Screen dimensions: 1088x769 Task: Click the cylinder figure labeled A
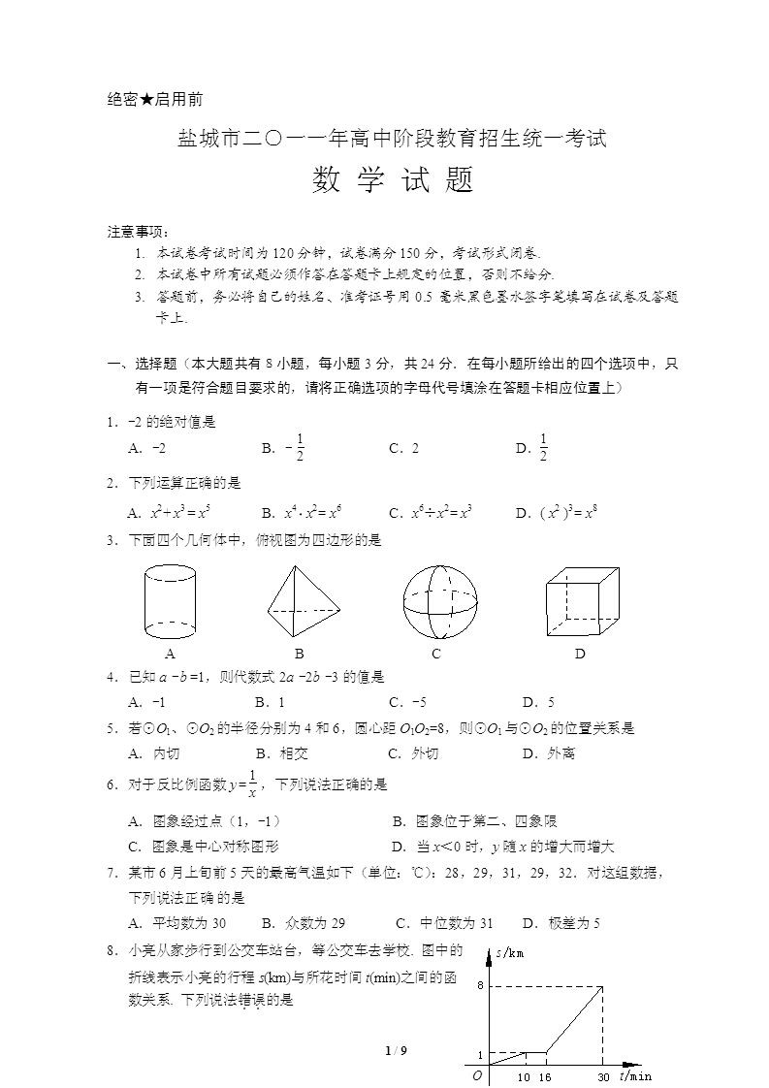click(170, 601)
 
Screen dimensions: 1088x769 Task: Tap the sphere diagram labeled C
click(440, 601)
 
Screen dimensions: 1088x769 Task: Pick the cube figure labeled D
click(581, 601)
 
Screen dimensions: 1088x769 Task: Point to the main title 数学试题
click(393, 180)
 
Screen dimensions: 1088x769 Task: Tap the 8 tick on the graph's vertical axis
click(480, 985)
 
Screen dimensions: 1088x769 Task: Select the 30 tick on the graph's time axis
click(603, 1076)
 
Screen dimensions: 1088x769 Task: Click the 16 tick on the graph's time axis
click(545, 1076)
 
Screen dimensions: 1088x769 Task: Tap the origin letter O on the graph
click(476, 1074)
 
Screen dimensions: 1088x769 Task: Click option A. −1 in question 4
click(146, 702)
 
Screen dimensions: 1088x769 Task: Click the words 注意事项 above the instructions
click(137, 232)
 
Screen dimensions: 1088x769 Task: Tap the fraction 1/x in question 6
click(252, 784)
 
